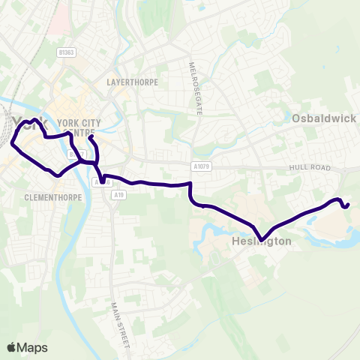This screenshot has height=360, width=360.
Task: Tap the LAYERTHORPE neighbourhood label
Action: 133,82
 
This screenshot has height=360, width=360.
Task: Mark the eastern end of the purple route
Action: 349,204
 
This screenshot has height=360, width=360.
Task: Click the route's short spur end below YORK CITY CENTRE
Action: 89,137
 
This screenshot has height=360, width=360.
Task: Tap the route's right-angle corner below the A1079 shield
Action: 191,184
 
